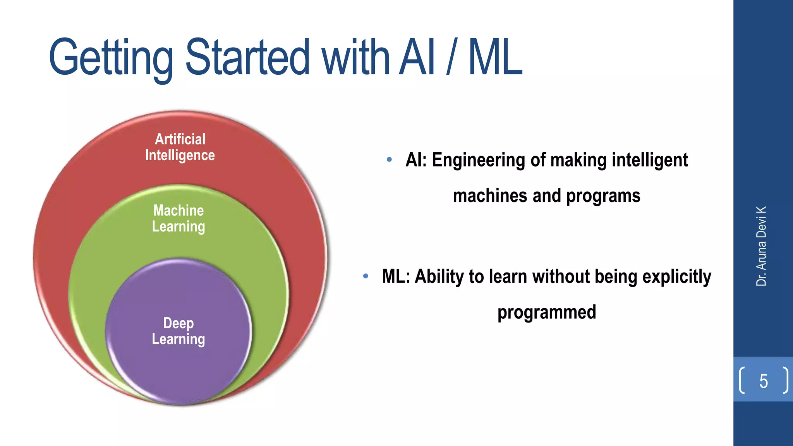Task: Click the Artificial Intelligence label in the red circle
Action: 180,147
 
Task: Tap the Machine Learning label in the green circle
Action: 179,218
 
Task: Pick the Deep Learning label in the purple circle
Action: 179,331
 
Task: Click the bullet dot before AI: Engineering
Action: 389,160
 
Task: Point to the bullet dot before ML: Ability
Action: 366,276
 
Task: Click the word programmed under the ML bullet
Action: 546,312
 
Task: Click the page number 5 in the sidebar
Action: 763,381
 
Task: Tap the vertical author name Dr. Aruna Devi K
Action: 761,246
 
